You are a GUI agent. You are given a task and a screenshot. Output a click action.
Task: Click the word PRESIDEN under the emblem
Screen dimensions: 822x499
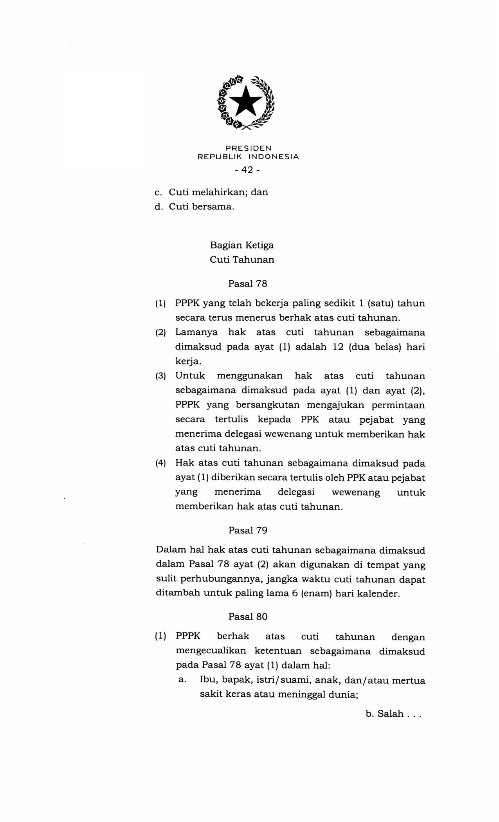[248, 148]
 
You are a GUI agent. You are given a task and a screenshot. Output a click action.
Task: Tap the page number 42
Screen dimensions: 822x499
[247, 170]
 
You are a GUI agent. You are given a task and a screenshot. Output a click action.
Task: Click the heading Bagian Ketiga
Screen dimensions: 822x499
[242, 245]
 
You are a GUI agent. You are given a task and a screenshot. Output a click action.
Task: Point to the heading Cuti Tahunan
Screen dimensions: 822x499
[242, 260]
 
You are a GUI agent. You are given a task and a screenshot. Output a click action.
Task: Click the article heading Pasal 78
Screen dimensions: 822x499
[248, 284]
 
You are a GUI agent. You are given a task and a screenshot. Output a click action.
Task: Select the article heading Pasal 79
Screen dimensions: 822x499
[248, 530]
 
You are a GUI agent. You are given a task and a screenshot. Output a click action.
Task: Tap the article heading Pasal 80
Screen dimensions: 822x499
[248, 616]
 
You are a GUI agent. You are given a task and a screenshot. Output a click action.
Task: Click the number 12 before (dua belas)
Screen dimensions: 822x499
[338, 347]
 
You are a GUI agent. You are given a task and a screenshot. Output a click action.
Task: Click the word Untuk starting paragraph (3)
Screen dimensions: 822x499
[190, 376]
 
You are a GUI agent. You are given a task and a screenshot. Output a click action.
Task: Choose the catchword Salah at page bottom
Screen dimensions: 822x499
[390, 714]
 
